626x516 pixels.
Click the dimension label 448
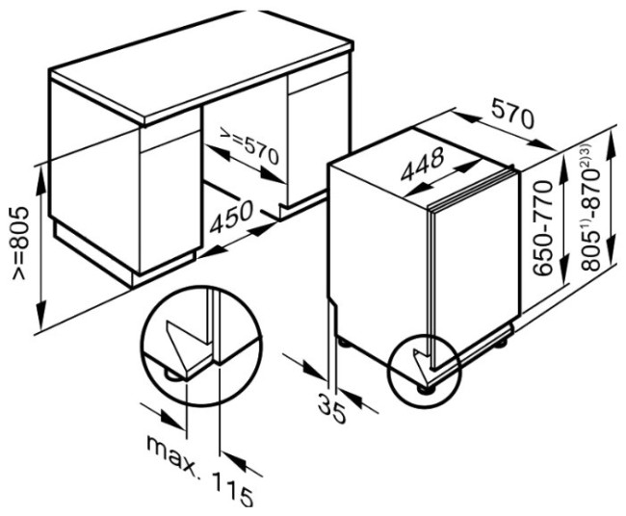(x=423, y=164)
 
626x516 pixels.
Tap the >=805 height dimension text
(x=20, y=243)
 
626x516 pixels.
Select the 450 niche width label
(x=231, y=217)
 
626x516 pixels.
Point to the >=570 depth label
(x=249, y=146)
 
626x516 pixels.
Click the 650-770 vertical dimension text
(x=543, y=227)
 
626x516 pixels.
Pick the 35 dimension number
(x=331, y=408)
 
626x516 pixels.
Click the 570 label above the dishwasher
(x=512, y=114)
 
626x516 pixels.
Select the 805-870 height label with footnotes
(x=590, y=208)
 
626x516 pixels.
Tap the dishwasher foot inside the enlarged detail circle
(x=172, y=375)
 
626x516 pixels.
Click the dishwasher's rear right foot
(x=502, y=343)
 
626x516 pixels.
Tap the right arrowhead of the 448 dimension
(x=470, y=165)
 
